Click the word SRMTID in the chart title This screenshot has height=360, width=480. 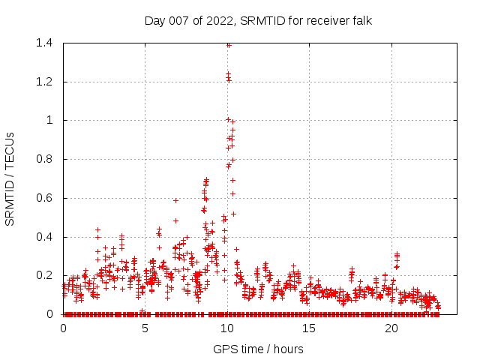(260, 20)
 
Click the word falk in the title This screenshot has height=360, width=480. (360, 20)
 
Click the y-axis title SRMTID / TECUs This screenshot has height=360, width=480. (10, 178)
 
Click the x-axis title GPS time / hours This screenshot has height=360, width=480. (258, 349)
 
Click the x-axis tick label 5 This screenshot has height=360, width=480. (145, 328)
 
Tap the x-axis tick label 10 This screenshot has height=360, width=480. (227, 328)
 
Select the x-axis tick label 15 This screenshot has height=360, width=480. (309, 328)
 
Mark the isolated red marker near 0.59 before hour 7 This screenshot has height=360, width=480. (175, 200)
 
